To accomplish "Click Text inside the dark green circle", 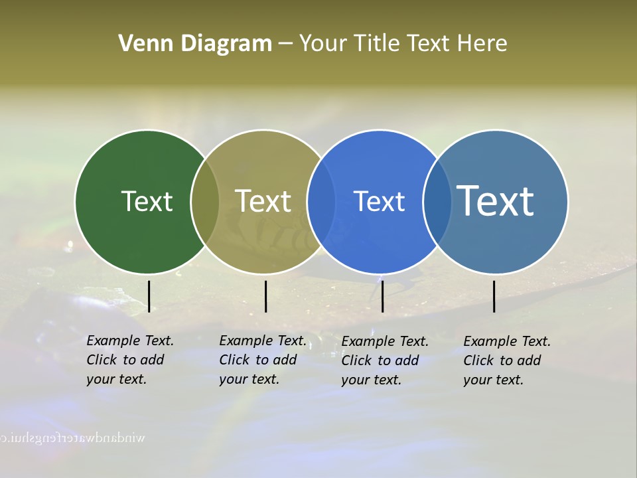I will (147, 201).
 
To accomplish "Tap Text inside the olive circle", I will (263, 201).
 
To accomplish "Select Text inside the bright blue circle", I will (379, 201).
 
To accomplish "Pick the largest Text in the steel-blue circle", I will (496, 201).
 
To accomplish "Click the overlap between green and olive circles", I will (205, 201).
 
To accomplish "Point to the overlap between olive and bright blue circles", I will (322, 201).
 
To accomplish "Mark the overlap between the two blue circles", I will (437, 201).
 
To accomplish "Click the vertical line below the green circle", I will (149, 296).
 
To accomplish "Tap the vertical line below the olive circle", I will (265, 296).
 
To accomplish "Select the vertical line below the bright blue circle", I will (382, 296).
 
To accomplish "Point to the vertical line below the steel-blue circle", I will (494, 296).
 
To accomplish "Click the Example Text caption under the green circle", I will (130, 360).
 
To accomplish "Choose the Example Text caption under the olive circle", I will (263, 360).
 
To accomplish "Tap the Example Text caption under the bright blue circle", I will (385, 360).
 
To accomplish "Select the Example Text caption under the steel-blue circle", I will (507, 360).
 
